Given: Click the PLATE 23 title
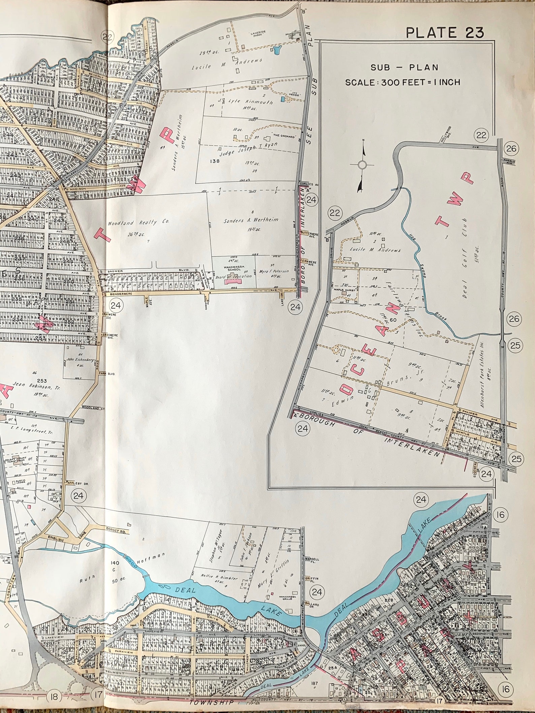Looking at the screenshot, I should point(444,32).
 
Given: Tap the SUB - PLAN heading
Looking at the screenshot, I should point(404,67).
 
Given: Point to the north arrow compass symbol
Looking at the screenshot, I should point(362,165).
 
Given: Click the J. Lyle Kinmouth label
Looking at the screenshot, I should point(250,102).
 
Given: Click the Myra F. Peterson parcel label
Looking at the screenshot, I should point(274,271).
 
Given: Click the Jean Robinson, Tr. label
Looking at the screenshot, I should point(31,384).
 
